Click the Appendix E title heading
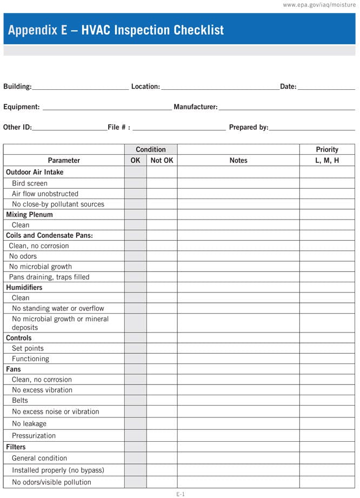(116, 30)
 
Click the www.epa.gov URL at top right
(319, 5)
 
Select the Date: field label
(288, 87)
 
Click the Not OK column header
(162, 160)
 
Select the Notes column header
(238, 160)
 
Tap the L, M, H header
(327, 160)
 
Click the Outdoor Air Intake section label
(35, 172)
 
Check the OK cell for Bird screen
(135, 183)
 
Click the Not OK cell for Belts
(162, 400)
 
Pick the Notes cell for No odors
(238, 256)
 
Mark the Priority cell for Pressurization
(327, 435)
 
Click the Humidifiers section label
(24, 287)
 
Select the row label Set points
(28, 348)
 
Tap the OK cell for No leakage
(135, 423)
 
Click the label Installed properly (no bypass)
(58, 470)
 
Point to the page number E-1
(180, 494)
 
